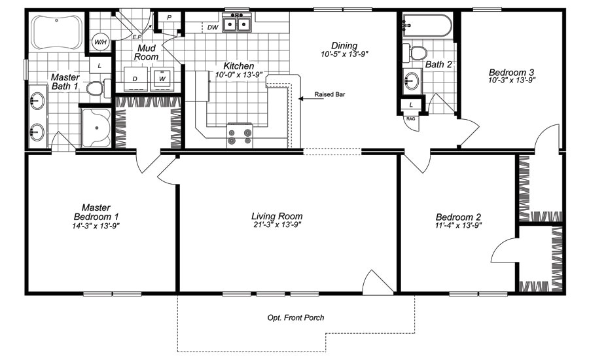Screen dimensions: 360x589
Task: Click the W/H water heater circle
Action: coord(100,43)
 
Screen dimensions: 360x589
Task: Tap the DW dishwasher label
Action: coord(213,27)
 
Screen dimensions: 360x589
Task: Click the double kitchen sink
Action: coord(238,25)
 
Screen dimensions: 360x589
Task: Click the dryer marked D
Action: coord(135,79)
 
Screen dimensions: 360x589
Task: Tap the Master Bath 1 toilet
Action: coord(96,88)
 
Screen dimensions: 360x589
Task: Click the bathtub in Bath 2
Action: coord(427,26)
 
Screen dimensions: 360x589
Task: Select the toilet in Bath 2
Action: coord(416,52)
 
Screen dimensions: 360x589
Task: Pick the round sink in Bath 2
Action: coord(412,81)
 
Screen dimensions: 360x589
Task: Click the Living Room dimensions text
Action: coord(277,225)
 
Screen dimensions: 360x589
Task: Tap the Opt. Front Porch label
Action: coord(296,318)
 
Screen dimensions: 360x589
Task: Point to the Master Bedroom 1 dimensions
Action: coord(96,225)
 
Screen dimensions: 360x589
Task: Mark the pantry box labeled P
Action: coord(169,18)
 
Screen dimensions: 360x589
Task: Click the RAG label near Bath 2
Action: coord(410,119)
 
